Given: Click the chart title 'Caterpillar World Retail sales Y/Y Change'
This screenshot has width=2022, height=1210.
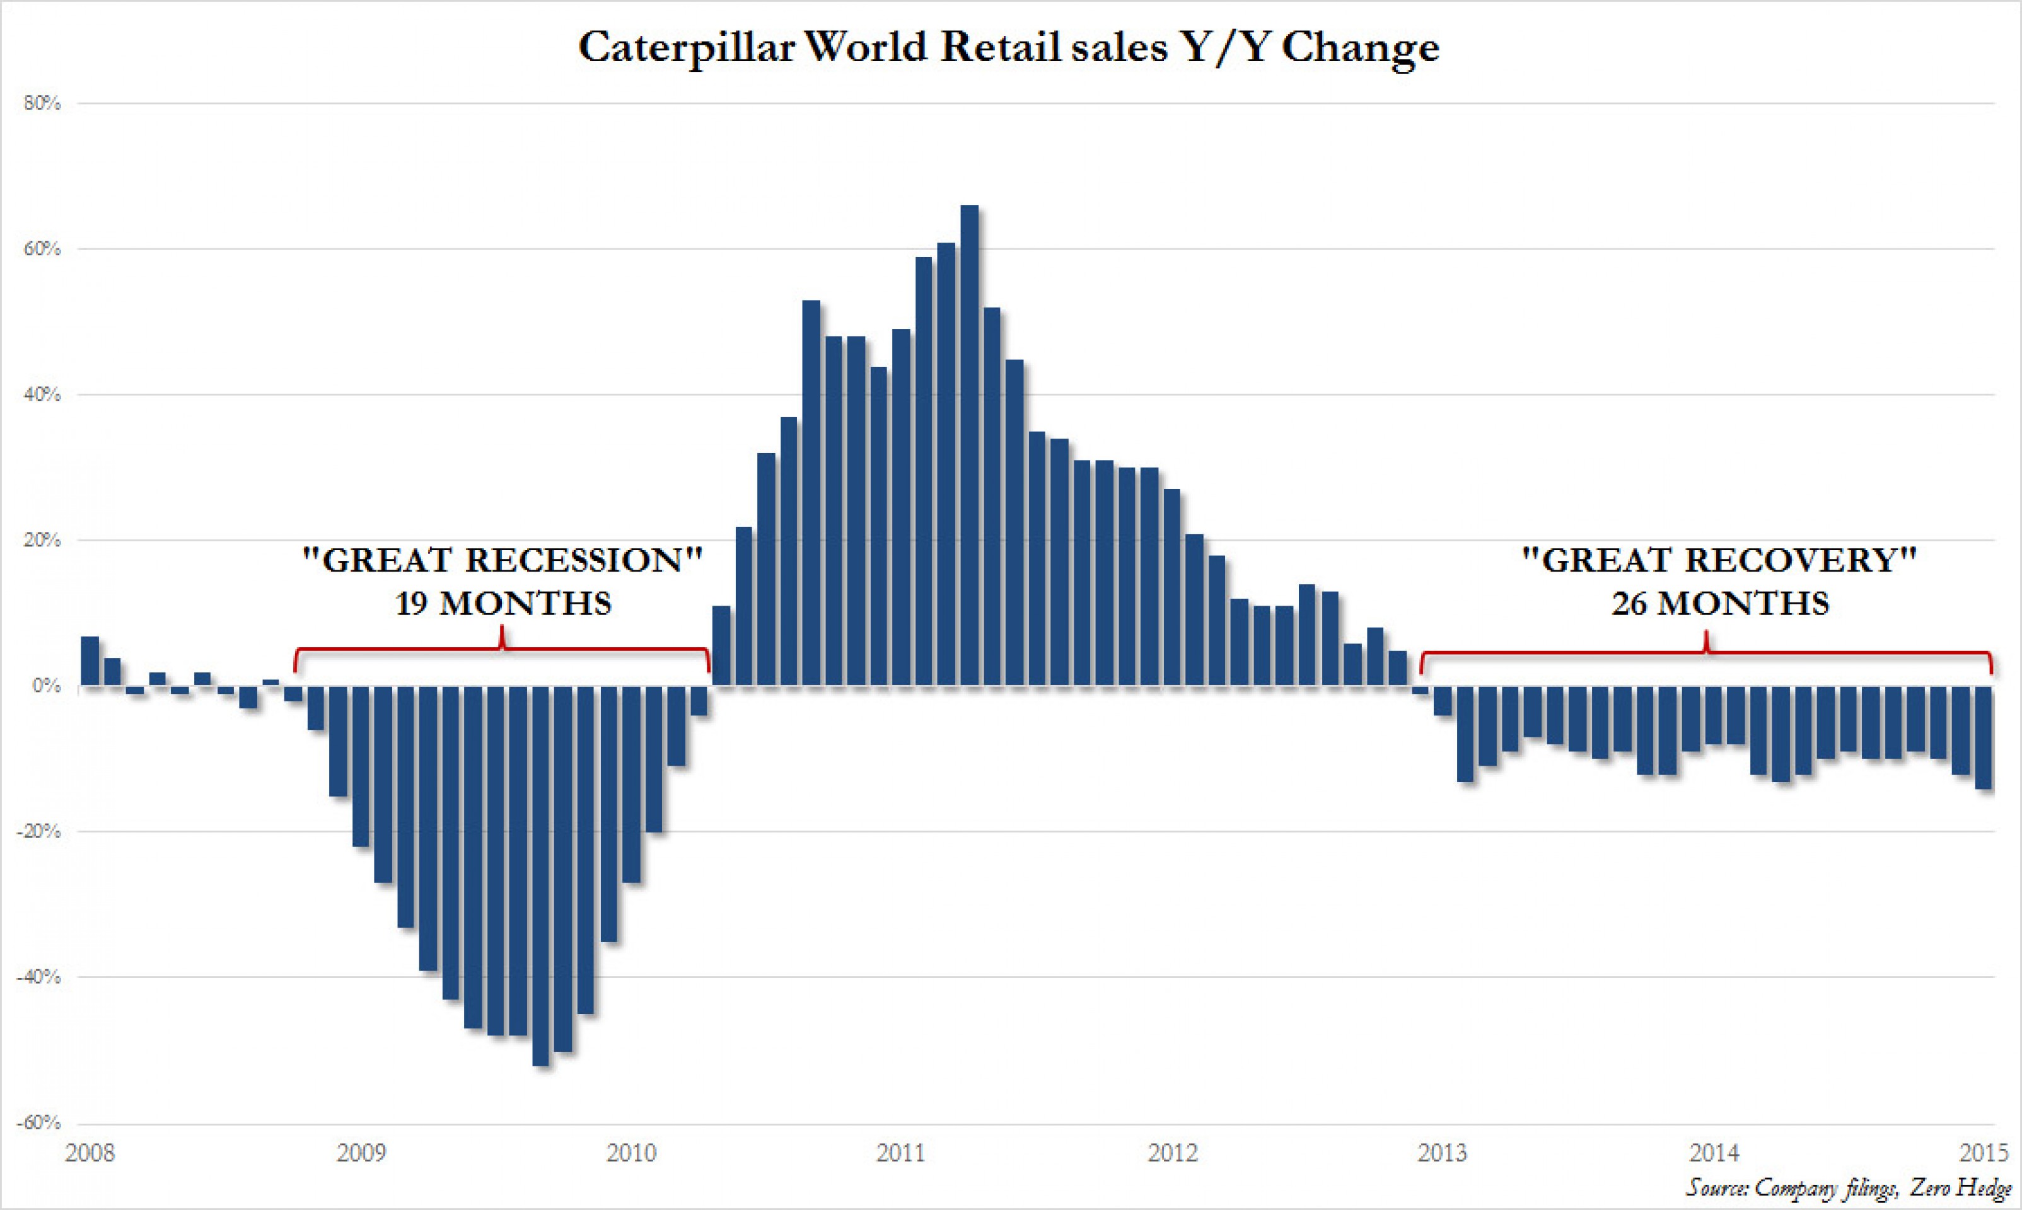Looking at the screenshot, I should [1008, 47].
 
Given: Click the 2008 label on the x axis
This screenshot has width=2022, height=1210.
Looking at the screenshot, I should [90, 1153].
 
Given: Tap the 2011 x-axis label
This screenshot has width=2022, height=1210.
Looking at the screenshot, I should [902, 1153].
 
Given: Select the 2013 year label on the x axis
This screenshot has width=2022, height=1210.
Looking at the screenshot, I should [1442, 1153].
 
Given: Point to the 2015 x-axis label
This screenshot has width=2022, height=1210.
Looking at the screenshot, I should [1984, 1153].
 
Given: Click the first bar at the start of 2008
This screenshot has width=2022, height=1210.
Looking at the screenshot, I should [90, 661].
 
